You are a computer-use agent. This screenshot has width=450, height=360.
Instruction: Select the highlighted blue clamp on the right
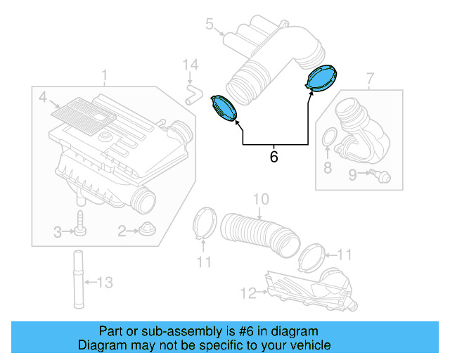point(323,77)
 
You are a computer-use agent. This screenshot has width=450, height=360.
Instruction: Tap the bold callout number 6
point(274,157)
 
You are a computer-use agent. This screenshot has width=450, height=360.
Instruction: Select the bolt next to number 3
point(81,224)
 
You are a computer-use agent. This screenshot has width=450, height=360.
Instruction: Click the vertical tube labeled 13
point(77,277)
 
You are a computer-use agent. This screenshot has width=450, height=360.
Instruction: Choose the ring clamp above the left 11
point(205,224)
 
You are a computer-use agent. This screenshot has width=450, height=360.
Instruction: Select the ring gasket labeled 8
point(328,139)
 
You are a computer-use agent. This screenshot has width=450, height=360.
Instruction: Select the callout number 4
point(42,96)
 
